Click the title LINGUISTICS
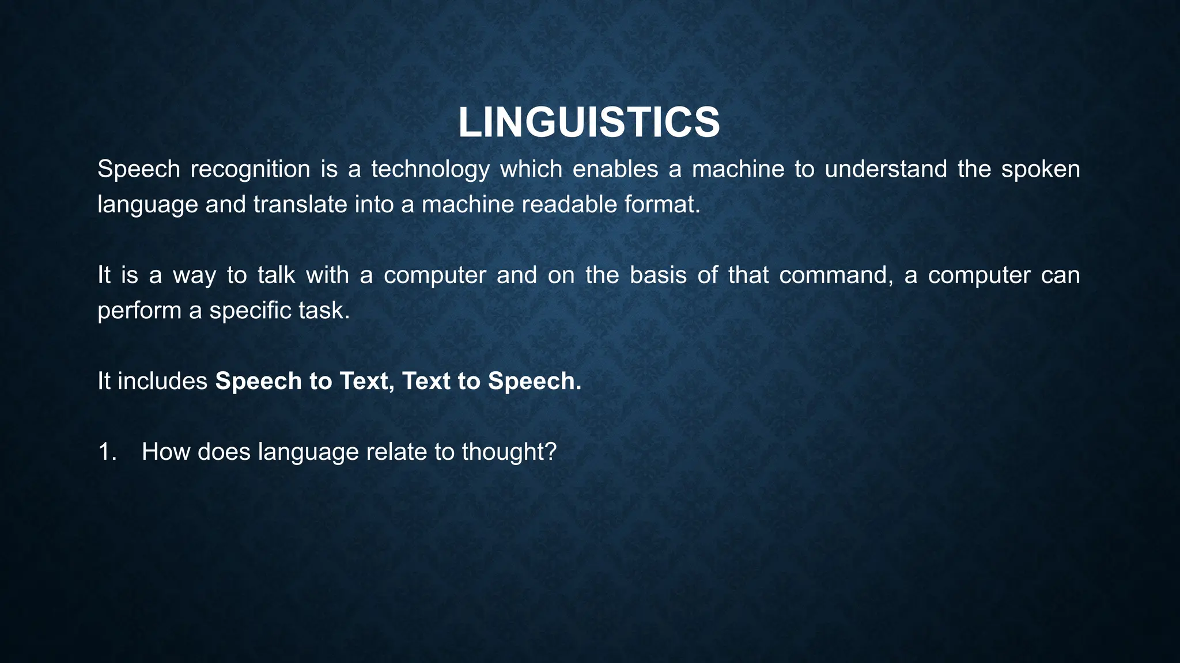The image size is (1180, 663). click(x=589, y=123)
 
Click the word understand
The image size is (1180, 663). click(x=886, y=169)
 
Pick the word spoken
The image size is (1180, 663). click(x=1040, y=170)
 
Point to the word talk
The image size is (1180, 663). click(x=276, y=275)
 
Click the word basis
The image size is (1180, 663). click(x=658, y=275)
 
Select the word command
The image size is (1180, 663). click(x=835, y=276)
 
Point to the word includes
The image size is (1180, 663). click(x=162, y=381)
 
